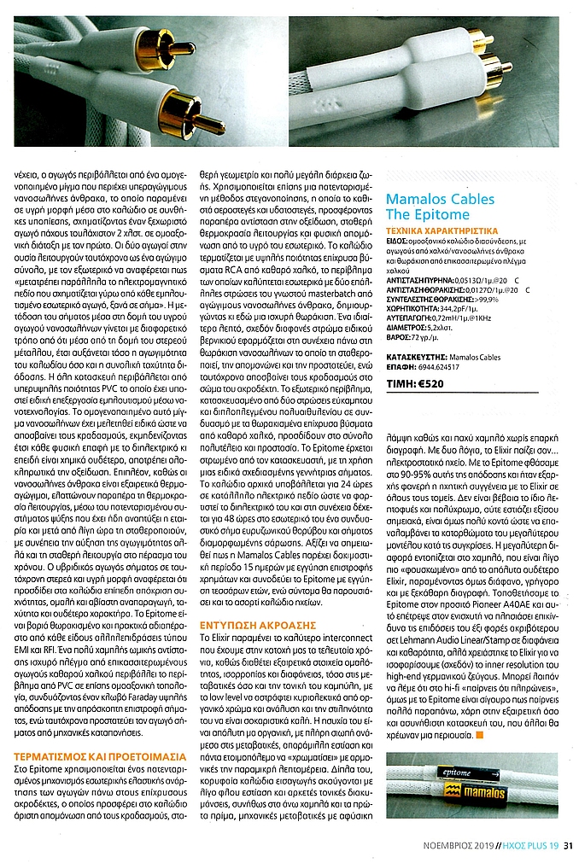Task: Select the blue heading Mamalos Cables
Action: coord(440,199)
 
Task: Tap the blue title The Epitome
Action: coord(428,214)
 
